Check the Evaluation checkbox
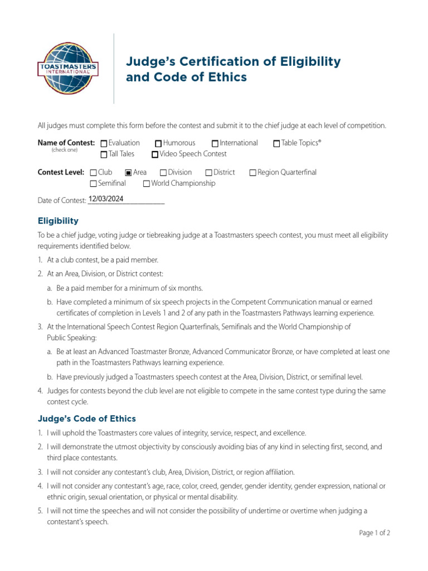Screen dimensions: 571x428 [x=104, y=144]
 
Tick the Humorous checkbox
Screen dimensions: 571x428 [x=158, y=144]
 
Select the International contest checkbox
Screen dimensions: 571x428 [x=215, y=144]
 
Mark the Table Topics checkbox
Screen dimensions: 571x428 [x=276, y=144]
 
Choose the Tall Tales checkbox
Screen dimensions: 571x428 [x=104, y=154]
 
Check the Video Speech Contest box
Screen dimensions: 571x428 [x=155, y=154]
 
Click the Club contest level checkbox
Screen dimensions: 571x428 [x=93, y=173]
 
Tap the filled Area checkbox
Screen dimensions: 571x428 [x=128, y=173]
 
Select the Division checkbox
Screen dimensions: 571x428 [x=163, y=173]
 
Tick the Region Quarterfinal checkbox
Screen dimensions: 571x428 [x=252, y=173]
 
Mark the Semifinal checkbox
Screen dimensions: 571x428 [x=93, y=183]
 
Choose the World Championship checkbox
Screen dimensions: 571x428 [x=146, y=183]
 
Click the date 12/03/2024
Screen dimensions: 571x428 [x=106, y=199]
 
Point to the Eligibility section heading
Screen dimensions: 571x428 [x=58, y=221]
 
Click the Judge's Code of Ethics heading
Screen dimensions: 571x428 [x=86, y=419]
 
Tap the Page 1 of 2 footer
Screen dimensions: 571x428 [x=374, y=533]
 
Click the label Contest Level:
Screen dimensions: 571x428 [x=61, y=172]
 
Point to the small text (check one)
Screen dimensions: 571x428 [x=65, y=151]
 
